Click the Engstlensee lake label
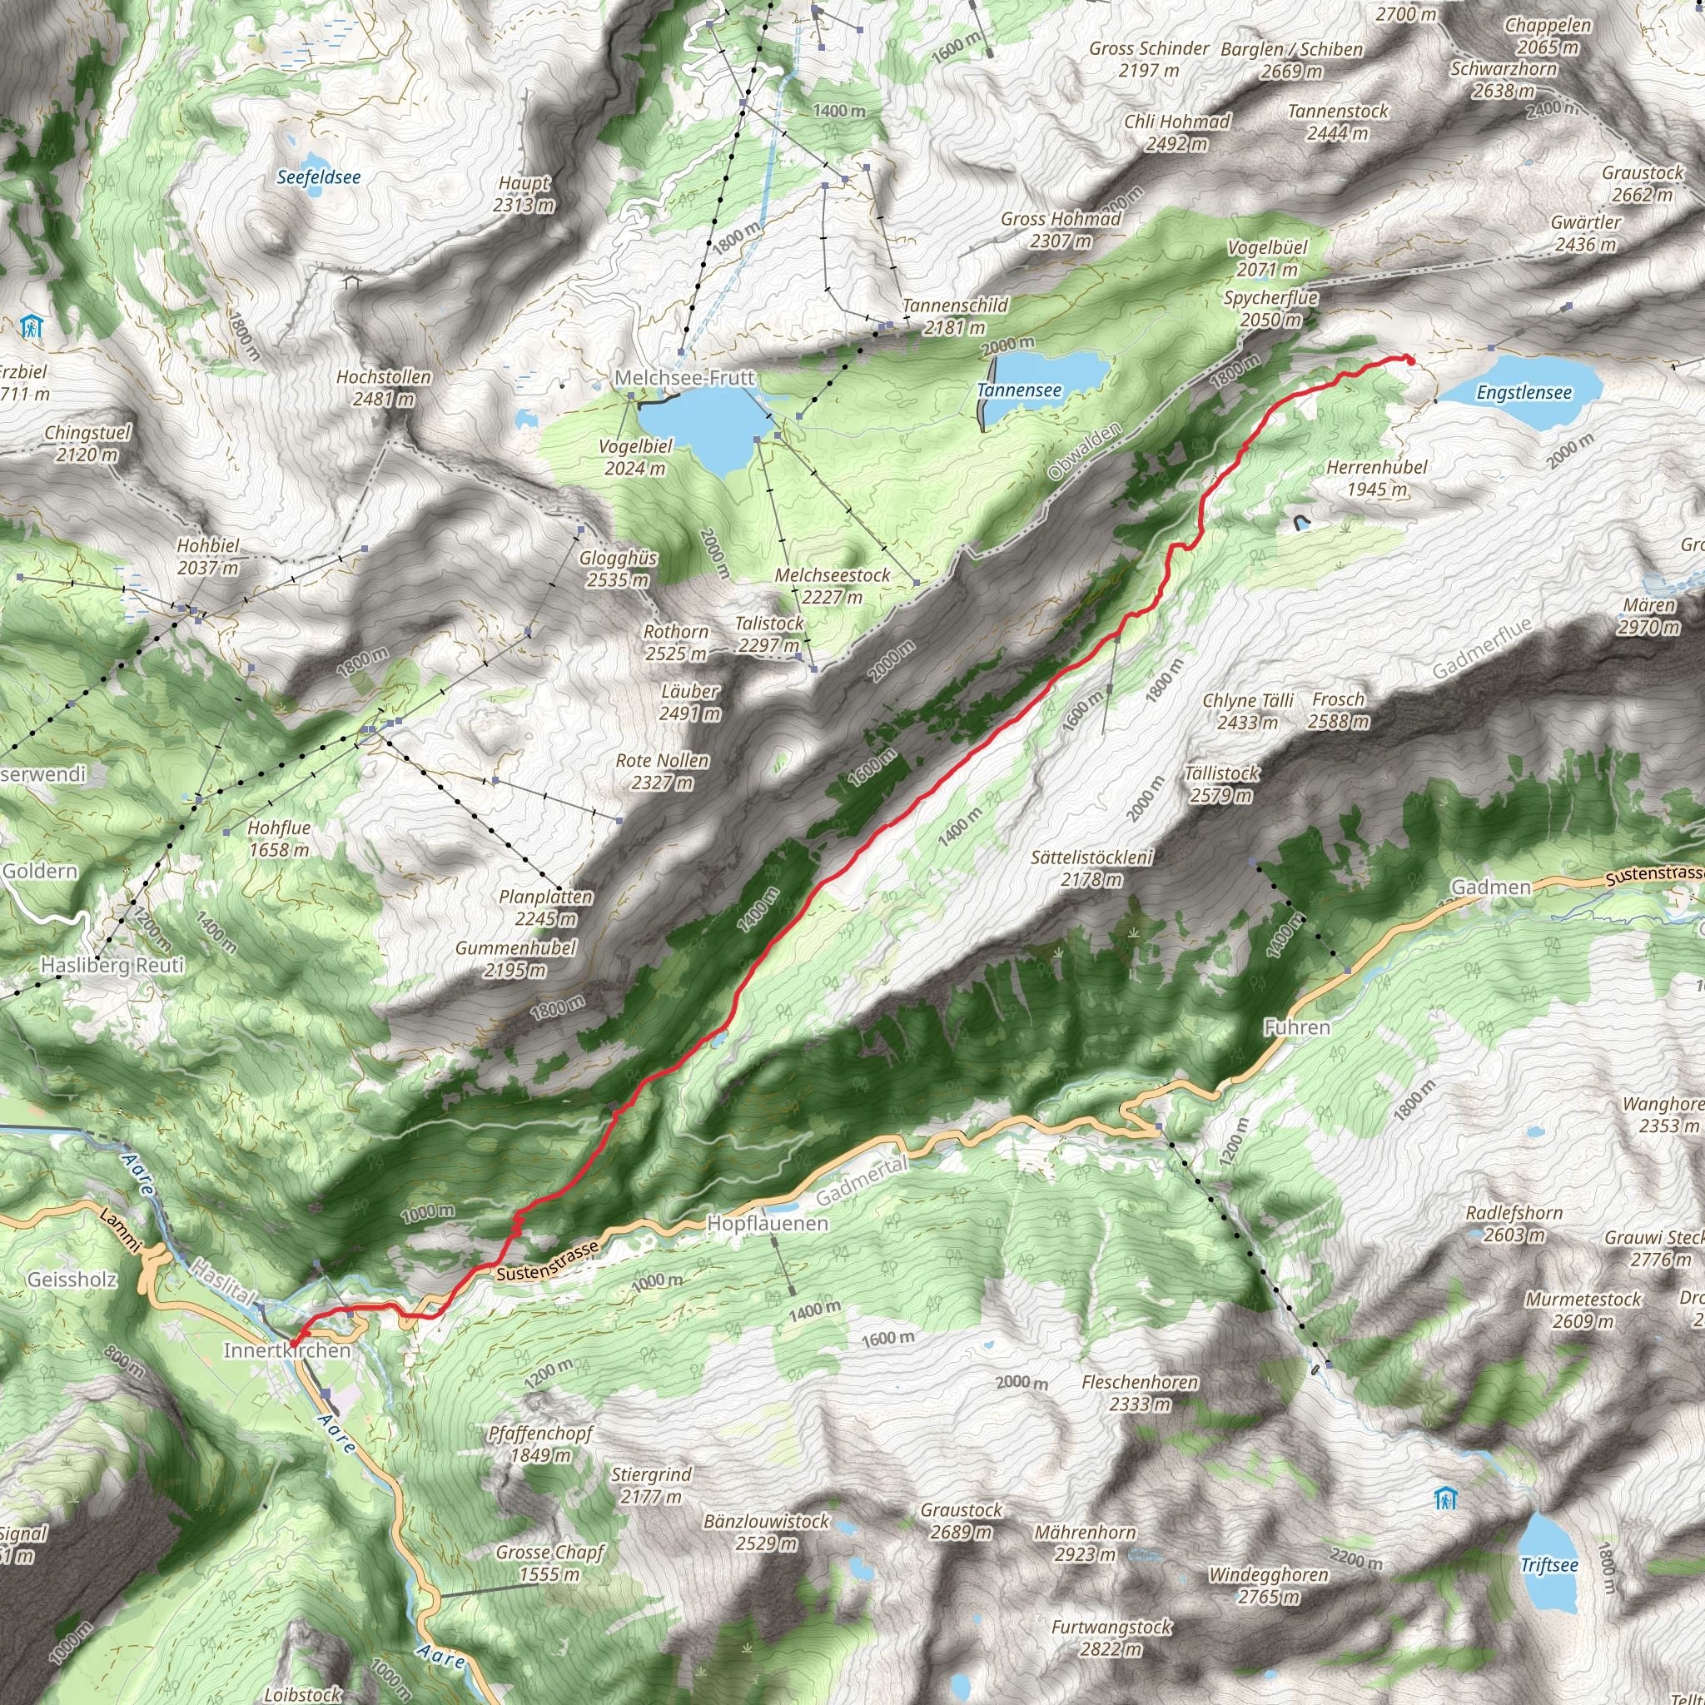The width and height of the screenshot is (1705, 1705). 1524,393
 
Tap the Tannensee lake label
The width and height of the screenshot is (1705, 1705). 1019,390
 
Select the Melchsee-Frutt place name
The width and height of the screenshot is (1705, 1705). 685,378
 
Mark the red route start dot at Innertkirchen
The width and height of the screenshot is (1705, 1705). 294,1344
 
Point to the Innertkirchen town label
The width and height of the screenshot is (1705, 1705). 287,1350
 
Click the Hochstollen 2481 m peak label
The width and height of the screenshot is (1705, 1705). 384,387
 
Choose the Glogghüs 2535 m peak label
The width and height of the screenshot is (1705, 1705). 618,569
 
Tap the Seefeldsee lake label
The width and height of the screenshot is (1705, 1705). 319,177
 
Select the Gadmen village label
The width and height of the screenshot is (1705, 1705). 1491,887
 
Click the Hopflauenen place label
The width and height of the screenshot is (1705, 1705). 768,1223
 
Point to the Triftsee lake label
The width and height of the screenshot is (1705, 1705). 1548,1564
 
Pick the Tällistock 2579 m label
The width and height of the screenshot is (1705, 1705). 1222,783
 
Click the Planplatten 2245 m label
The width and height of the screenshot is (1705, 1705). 545,907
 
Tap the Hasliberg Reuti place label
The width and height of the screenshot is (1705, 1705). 112,965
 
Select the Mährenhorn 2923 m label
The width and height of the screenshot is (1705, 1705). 1086,1543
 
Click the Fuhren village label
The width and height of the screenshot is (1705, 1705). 1296,1027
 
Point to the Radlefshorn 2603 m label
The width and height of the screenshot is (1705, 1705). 1514,1223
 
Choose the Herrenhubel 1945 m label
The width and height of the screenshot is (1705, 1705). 1377,477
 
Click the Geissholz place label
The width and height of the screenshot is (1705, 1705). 72,1279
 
